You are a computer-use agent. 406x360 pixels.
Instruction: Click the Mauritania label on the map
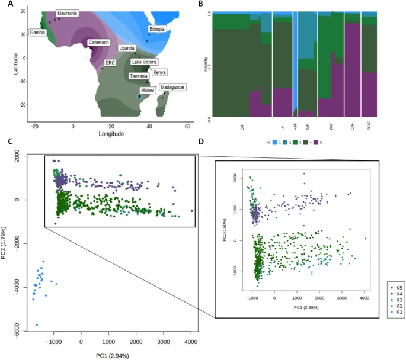click(x=66, y=13)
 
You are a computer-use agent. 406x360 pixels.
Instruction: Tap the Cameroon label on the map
click(x=98, y=43)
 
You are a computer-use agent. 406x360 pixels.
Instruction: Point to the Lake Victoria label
click(x=145, y=62)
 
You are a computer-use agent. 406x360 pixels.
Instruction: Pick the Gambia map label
click(x=38, y=33)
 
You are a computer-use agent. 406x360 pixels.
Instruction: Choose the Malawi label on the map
click(x=148, y=90)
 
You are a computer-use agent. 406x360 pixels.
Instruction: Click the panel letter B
click(x=202, y=5)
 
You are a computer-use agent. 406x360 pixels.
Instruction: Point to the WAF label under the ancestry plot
click(x=330, y=127)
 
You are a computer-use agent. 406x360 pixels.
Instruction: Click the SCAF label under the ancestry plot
click(x=369, y=127)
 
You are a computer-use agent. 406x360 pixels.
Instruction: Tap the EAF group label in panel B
click(x=241, y=127)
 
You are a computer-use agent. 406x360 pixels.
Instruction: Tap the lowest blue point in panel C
click(x=37, y=324)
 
